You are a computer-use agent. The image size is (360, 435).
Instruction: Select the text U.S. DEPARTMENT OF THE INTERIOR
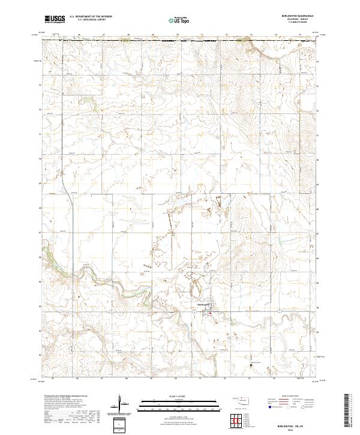pyautogui.click(x=91, y=17)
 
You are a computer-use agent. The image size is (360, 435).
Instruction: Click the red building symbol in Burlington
pyautogui.click(x=218, y=312)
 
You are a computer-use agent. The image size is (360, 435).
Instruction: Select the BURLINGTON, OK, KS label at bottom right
pyautogui.click(x=302, y=423)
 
